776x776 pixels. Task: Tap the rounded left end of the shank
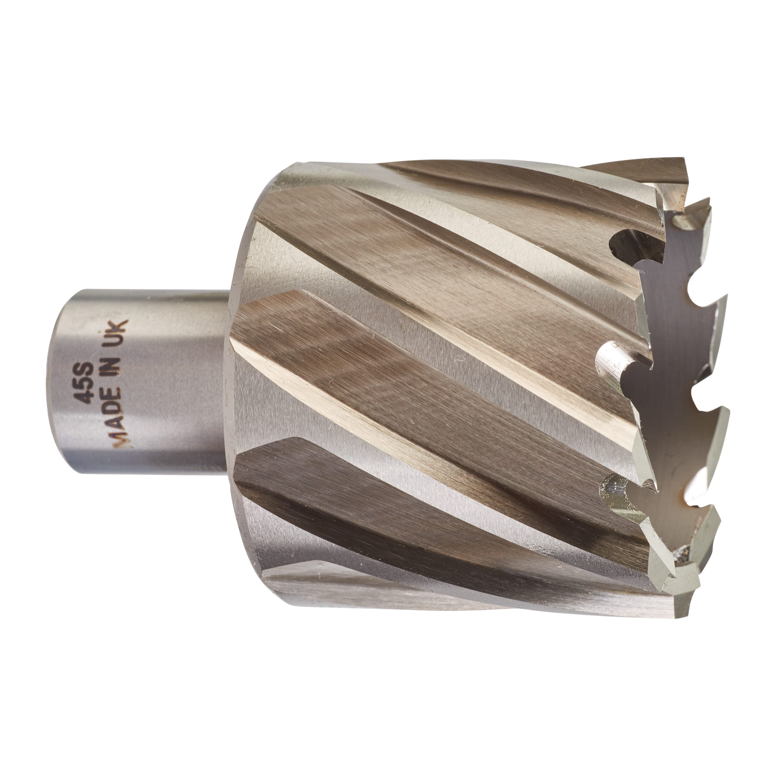[x=60, y=382]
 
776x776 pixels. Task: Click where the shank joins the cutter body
[x=227, y=382]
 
